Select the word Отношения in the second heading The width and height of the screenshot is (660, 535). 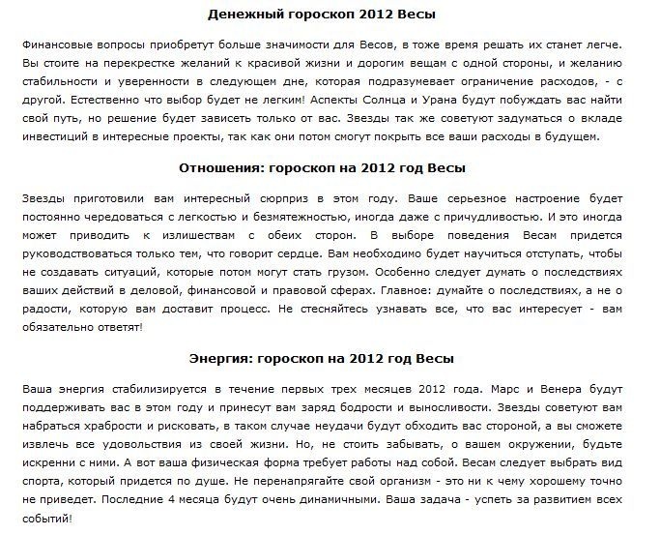(230, 167)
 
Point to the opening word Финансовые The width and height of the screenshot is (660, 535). (57, 45)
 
